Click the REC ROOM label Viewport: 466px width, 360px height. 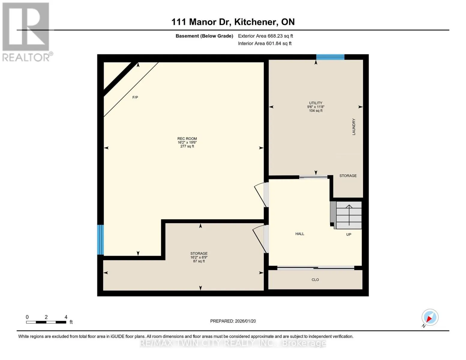coord(187,139)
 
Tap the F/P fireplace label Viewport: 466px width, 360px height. coord(135,97)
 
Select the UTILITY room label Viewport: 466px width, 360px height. coord(315,103)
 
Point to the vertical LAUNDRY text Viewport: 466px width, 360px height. coord(354,127)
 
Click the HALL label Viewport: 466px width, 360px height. coord(299,234)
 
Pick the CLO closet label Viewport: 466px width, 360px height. coord(315,280)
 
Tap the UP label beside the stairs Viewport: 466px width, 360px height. coord(349,234)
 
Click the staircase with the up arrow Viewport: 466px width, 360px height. coord(346,215)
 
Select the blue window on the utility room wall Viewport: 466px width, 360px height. coord(330,57)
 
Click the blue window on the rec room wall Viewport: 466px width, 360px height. coord(100,239)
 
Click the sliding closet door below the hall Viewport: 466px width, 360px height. coord(315,268)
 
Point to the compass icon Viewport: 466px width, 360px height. coord(430,317)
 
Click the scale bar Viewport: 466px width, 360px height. coord(46,322)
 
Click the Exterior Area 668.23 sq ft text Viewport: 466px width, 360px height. coord(265,36)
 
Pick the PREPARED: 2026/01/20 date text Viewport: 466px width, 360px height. coord(233,321)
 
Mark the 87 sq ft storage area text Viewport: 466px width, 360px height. coord(199,261)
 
